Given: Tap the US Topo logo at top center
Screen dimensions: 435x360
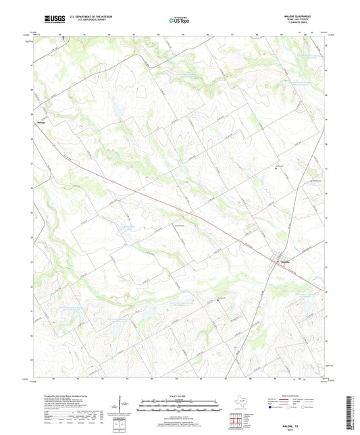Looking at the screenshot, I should click(x=178, y=20).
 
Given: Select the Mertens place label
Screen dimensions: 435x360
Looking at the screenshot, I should click(x=41, y=123).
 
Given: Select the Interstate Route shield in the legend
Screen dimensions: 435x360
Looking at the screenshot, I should click(x=272, y=407).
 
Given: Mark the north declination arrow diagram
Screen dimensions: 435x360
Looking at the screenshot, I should click(x=122, y=405).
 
